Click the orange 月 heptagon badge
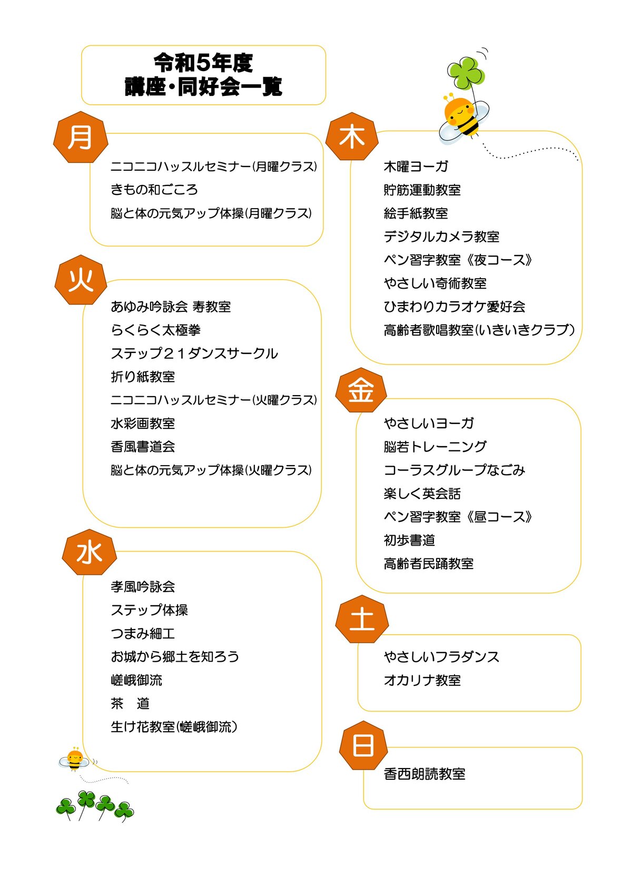click(x=81, y=137)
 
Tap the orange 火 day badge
click(x=81, y=280)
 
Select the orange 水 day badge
click(x=90, y=553)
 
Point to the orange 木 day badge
click(x=352, y=136)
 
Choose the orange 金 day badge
click(x=361, y=390)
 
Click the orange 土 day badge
click(x=362, y=619)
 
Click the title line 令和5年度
click(x=203, y=63)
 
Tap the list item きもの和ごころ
click(x=154, y=190)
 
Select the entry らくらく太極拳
click(x=155, y=330)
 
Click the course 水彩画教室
click(x=143, y=424)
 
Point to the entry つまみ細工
click(x=143, y=633)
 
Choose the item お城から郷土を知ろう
click(x=175, y=657)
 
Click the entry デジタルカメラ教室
click(x=441, y=237)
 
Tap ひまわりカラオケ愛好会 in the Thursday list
click(x=455, y=307)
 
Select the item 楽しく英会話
click(x=422, y=494)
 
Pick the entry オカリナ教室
click(x=422, y=680)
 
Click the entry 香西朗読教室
click(x=424, y=774)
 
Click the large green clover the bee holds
click(x=466, y=73)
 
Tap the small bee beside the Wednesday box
click(x=75, y=760)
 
